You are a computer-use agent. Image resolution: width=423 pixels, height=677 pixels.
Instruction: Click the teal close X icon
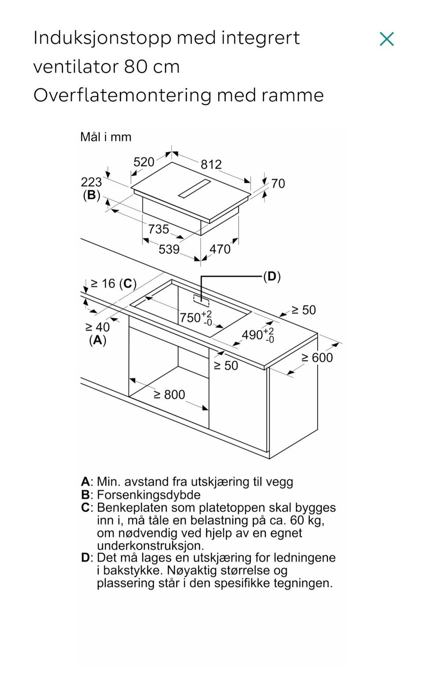click(387, 39)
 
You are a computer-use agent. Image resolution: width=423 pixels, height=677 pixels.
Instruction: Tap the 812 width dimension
click(211, 165)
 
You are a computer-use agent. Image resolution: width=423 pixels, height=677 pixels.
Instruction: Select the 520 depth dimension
click(144, 162)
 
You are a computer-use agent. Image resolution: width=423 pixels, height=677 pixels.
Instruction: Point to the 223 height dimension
click(91, 182)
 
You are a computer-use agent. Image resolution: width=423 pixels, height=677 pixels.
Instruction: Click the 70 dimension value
click(278, 184)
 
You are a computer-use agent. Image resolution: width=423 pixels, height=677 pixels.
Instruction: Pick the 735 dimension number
click(158, 229)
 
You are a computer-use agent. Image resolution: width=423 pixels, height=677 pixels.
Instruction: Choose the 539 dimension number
click(169, 249)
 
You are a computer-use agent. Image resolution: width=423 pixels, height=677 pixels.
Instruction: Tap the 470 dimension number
click(220, 249)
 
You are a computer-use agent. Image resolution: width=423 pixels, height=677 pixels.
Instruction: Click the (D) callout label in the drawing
click(272, 276)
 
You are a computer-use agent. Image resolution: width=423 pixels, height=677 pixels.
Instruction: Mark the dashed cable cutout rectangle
click(201, 299)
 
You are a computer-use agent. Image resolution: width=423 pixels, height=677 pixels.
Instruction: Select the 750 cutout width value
click(196, 318)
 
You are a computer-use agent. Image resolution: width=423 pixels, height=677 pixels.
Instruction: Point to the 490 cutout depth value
click(258, 335)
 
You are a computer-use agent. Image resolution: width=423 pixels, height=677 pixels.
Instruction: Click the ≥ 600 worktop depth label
click(317, 358)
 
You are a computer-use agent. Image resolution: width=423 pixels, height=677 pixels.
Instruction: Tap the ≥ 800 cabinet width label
click(170, 395)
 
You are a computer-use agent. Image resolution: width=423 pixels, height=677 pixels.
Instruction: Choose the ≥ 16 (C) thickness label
click(114, 284)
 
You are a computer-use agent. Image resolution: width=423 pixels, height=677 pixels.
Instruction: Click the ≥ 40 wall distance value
click(98, 327)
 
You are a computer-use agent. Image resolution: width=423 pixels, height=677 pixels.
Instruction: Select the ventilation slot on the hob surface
click(194, 188)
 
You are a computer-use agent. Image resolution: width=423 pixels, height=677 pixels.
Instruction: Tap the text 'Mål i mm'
click(106, 137)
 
